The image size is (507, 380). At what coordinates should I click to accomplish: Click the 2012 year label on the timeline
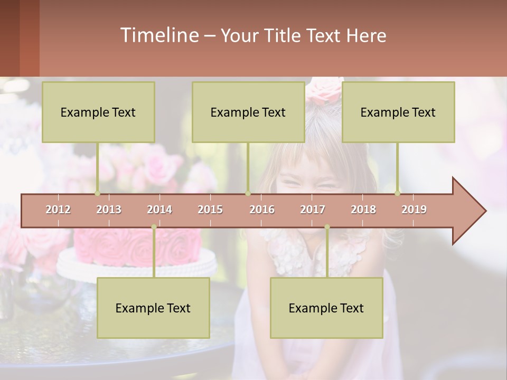click(x=58, y=210)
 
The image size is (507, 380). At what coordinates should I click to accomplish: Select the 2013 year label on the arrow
click(x=109, y=210)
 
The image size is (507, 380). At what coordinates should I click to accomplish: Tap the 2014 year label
click(x=159, y=210)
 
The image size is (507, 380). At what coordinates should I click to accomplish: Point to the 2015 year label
click(x=210, y=210)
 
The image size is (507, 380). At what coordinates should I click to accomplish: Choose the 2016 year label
click(x=262, y=210)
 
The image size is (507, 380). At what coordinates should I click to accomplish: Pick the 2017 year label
click(x=313, y=210)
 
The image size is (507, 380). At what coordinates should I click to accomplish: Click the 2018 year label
click(x=363, y=210)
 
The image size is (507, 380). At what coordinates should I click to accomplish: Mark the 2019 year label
click(x=414, y=210)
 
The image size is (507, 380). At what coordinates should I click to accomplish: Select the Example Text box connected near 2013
click(x=98, y=112)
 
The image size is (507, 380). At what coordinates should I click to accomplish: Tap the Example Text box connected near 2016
click(x=248, y=112)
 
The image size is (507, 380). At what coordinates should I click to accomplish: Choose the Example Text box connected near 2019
click(x=398, y=112)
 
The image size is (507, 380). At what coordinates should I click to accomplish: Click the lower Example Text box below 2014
click(x=153, y=308)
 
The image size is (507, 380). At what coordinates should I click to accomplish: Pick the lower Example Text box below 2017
click(x=326, y=308)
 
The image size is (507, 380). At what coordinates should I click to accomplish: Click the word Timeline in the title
click(x=158, y=35)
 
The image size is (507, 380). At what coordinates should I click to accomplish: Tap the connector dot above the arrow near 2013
click(x=97, y=193)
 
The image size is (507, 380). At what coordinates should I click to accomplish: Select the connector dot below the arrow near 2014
click(x=154, y=227)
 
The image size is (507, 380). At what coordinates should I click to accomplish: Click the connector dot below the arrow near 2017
click(x=327, y=227)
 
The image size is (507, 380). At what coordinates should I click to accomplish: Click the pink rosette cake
click(x=137, y=245)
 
